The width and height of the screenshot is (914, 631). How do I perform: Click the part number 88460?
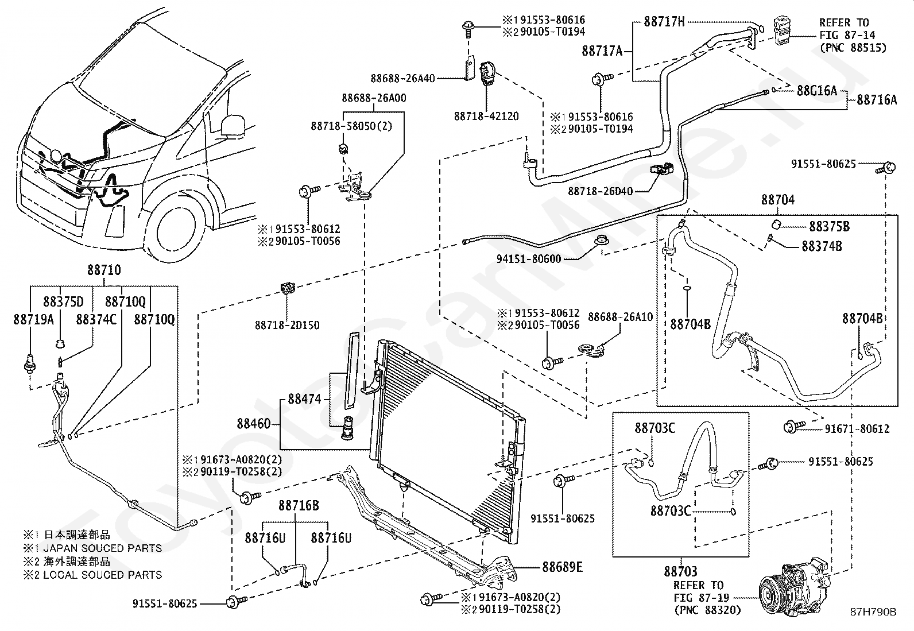pyautogui.click(x=254, y=424)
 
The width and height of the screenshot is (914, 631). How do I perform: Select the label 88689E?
pyautogui.click(x=562, y=567)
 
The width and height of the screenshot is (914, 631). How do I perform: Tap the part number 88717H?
pyautogui.click(x=664, y=21)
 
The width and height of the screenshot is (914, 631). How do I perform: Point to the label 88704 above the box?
pyautogui.click(x=778, y=200)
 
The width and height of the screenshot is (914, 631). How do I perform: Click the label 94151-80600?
pyautogui.click(x=529, y=259)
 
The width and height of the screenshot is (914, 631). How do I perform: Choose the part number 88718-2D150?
pyautogui.click(x=287, y=326)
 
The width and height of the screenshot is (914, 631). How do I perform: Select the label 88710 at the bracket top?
pyautogui.click(x=104, y=270)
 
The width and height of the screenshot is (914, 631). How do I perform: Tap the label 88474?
pyautogui.click(x=304, y=399)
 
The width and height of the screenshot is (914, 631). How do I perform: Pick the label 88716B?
pyautogui.click(x=299, y=505)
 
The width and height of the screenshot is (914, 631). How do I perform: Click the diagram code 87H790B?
pyautogui.click(x=873, y=612)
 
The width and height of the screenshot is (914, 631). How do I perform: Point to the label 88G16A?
pyautogui.click(x=817, y=90)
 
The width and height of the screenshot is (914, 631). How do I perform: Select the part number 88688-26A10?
pyautogui.click(x=620, y=317)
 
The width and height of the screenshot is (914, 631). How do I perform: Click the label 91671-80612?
pyautogui.click(x=857, y=428)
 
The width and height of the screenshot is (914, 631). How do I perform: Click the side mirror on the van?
pyautogui.click(x=233, y=125)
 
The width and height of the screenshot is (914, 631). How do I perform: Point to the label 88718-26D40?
pyautogui.click(x=601, y=191)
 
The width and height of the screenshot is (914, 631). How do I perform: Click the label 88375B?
pyautogui.click(x=829, y=226)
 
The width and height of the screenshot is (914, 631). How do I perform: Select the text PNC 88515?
pyautogui.click(x=854, y=48)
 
